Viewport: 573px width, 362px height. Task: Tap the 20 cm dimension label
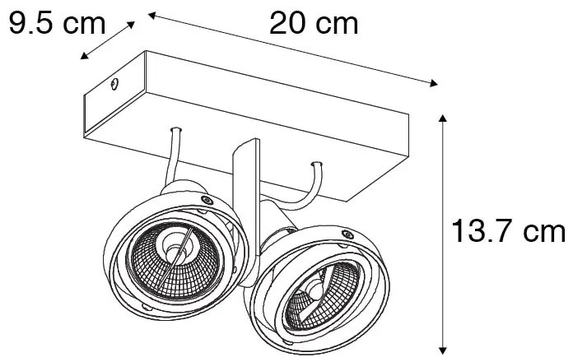pos(313,24)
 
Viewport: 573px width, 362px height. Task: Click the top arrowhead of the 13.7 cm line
pos(445,118)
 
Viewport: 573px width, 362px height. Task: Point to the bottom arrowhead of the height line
pos(445,348)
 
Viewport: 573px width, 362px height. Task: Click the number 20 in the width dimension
pos(286,24)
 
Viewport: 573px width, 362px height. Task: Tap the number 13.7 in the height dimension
pos(487,233)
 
